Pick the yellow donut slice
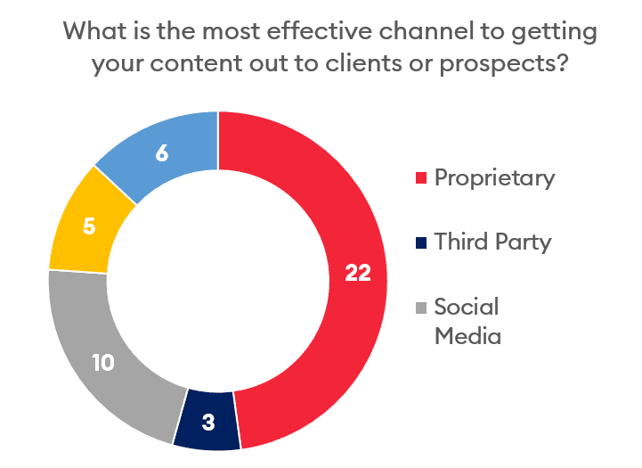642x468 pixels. (88, 226)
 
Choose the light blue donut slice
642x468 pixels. (162, 153)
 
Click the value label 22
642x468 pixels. (358, 273)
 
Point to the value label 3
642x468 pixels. (208, 423)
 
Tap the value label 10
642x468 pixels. (102, 363)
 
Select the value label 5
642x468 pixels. (89, 226)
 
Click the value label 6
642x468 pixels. (162, 153)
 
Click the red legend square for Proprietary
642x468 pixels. (421, 178)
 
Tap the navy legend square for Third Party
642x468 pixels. (421, 242)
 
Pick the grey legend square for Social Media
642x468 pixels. (421, 308)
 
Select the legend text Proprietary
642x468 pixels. (494, 178)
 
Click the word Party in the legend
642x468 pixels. (524, 242)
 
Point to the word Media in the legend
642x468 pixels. (467, 336)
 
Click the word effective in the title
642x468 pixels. (320, 31)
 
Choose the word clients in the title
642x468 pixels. (363, 63)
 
